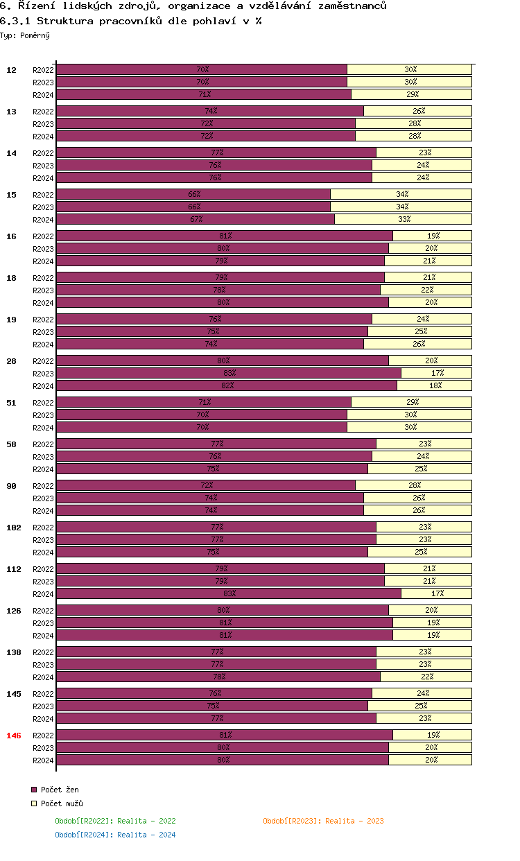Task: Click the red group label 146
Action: pyautogui.click(x=13, y=736)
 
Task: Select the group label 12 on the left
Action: pyautogui.click(x=11, y=70)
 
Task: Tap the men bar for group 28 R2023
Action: pyautogui.click(x=436, y=373)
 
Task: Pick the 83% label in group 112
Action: pyautogui.click(x=229, y=593)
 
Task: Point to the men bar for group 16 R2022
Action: pyautogui.click(x=432, y=236)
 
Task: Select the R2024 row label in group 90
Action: pyautogui.click(x=43, y=511)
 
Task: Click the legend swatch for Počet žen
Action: pyautogui.click(x=33, y=790)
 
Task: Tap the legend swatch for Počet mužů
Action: pyautogui.click(x=33, y=803)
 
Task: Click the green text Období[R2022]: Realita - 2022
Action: pyautogui.click(x=115, y=821)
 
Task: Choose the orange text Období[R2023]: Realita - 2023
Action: pyautogui.click(x=323, y=821)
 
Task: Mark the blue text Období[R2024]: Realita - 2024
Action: pyautogui.click(x=115, y=835)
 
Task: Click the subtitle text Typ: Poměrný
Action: pyautogui.click(x=25, y=35)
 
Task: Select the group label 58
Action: pyautogui.click(x=11, y=444)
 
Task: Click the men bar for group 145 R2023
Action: pyautogui.click(x=419, y=706)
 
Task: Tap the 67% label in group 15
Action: pyautogui.click(x=196, y=219)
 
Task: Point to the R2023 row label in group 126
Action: pyautogui.click(x=43, y=623)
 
